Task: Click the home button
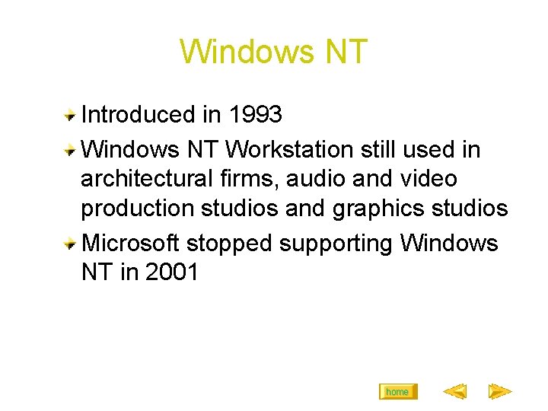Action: [397, 392]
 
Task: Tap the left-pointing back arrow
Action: [454, 392]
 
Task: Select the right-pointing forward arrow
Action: [499, 392]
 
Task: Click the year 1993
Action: [255, 115]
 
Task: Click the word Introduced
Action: [138, 115]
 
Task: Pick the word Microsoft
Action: [130, 244]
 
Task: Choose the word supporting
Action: [336, 244]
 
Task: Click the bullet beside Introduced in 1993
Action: [69, 116]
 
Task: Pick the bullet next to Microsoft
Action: [69, 244]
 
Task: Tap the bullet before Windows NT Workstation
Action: [69, 150]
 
